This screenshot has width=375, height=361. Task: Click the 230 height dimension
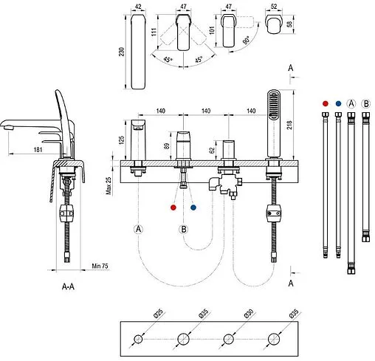click(122, 52)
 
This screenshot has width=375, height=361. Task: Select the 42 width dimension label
click(138, 7)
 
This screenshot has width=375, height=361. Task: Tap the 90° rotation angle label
click(247, 40)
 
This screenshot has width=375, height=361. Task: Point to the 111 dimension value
click(154, 32)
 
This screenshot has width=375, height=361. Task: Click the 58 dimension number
click(289, 24)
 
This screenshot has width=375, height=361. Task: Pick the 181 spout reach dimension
click(38, 150)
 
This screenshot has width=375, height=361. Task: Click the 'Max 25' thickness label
click(109, 185)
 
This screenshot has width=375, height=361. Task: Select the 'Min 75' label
click(100, 266)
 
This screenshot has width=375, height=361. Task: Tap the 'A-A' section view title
click(68, 286)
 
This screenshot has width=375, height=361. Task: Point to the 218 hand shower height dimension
click(289, 125)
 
